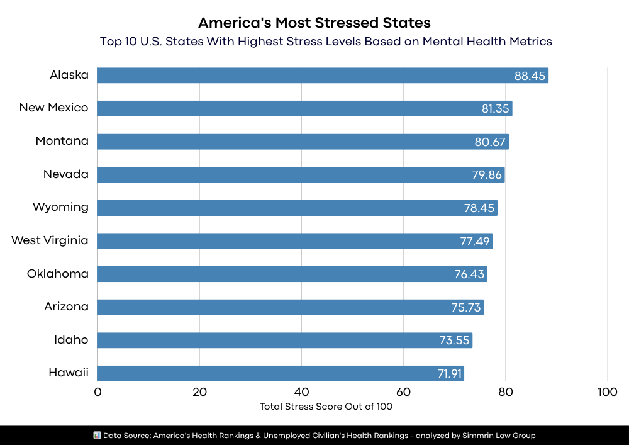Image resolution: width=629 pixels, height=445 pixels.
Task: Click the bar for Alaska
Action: [x=314, y=76]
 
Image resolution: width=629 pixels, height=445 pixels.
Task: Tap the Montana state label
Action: [x=62, y=141]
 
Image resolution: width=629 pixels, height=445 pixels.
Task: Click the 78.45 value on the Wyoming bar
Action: [x=479, y=208]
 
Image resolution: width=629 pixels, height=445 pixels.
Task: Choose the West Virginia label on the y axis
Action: [x=50, y=240]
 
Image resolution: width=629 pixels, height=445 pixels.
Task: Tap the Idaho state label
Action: [x=71, y=340]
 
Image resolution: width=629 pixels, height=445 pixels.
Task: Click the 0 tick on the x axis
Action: [x=97, y=392]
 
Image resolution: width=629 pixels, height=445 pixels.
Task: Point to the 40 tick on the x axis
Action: [x=301, y=392]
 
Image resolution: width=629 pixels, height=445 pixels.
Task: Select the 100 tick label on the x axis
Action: [x=607, y=392]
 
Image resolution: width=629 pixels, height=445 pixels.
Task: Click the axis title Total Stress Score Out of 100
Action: [x=326, y=407]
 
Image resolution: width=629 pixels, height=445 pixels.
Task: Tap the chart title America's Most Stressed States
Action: [x=314, y=23]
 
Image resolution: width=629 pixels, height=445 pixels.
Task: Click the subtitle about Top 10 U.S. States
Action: [x=326, y=42]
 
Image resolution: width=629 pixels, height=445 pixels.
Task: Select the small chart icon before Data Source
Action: [x=97, y=435]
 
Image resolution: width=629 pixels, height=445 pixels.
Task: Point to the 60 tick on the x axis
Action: [x=403, y=392]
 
